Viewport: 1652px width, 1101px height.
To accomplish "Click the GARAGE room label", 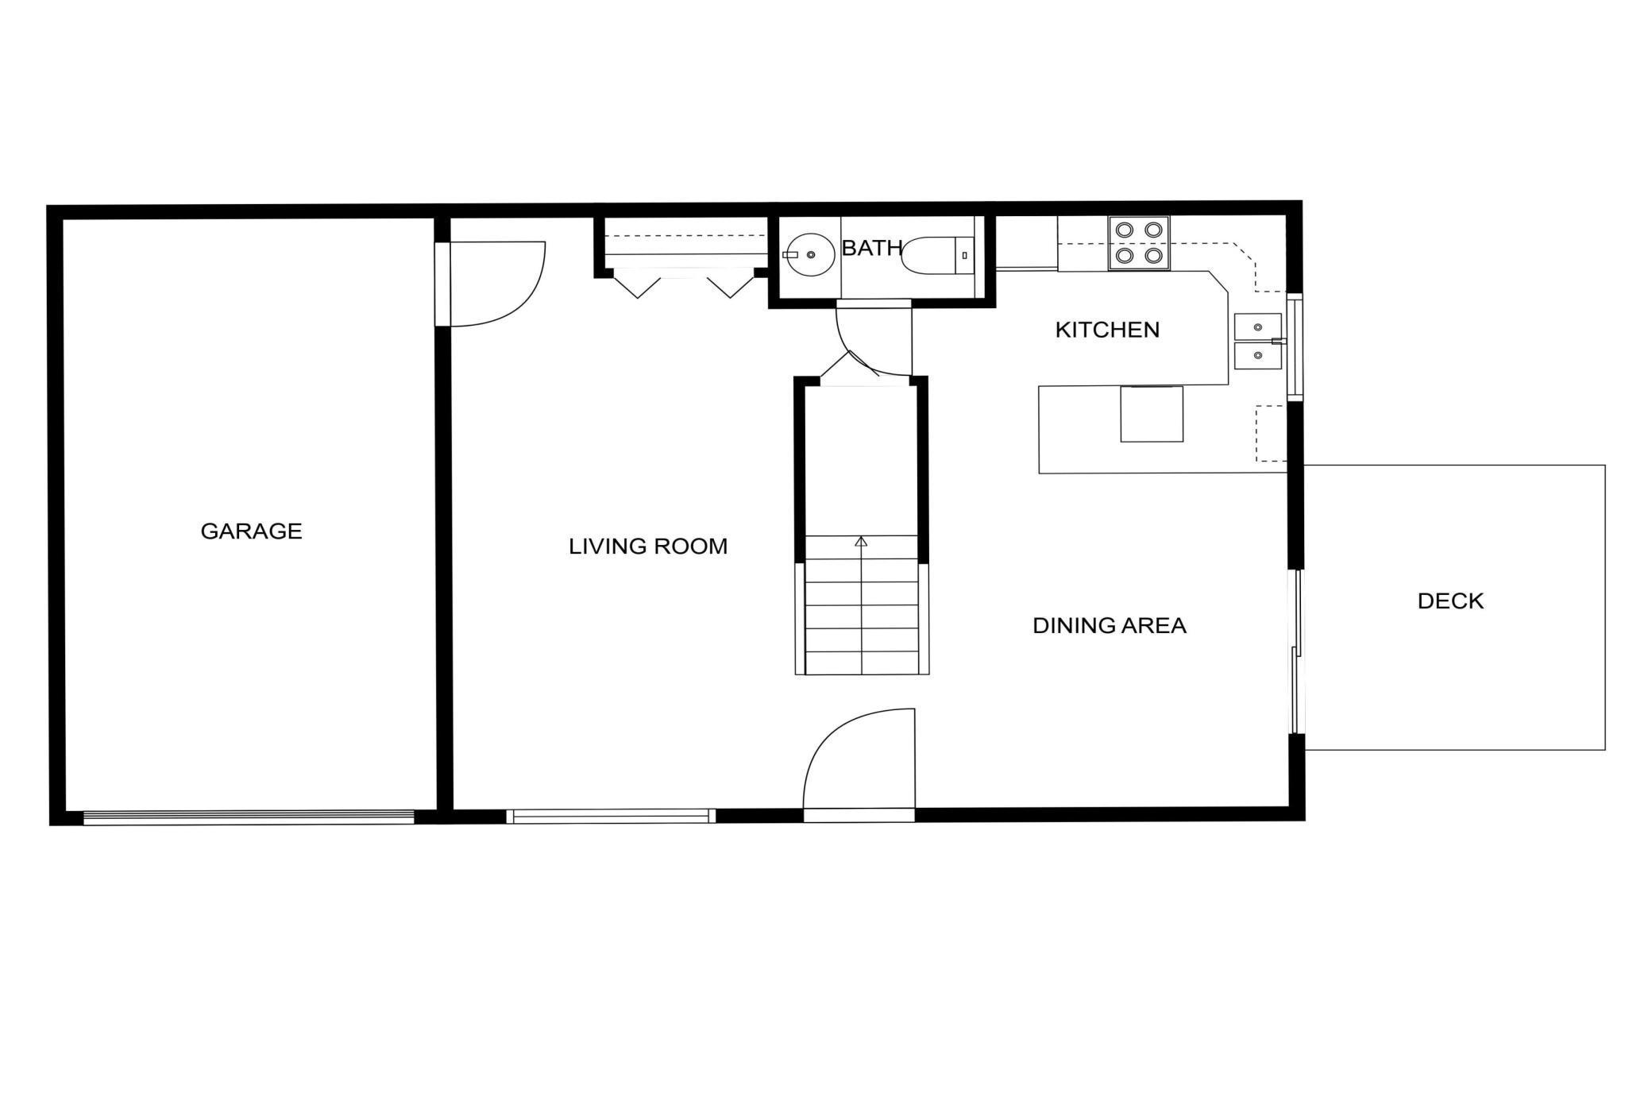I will (x=251, y=531).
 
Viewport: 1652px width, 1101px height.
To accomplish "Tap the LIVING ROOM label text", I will (x=648, y=547).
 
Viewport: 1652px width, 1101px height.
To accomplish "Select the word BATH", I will (x=871, y=249).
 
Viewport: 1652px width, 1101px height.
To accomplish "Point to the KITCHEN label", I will (x=1107, y=330).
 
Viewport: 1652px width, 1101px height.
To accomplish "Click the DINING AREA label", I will (x=1109, y=626).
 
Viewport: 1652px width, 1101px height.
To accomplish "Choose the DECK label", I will (x=1450, y=601).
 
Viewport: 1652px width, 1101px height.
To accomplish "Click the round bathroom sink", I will (x=809, y=254).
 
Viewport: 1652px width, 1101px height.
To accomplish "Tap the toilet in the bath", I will (x=937, y=255).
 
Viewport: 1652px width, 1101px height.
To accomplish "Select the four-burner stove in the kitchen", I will (x=1139, y=242).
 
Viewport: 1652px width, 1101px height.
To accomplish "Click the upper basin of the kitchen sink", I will (x=1257, y=326).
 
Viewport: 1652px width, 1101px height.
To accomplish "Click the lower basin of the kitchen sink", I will (x=1257, y=355).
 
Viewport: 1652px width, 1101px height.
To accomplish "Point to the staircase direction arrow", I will (x=861, y=542).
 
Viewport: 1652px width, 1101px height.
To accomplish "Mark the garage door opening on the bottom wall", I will (x=249, y=817).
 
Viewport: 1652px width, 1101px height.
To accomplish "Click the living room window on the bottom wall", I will (x=611, y=815).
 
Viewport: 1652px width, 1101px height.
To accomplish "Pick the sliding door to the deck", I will (x=1296, y=651).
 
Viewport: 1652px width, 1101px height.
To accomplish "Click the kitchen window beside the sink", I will (x=1295, y=346).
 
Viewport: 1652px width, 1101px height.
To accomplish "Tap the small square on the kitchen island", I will (x=1152, y=414).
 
